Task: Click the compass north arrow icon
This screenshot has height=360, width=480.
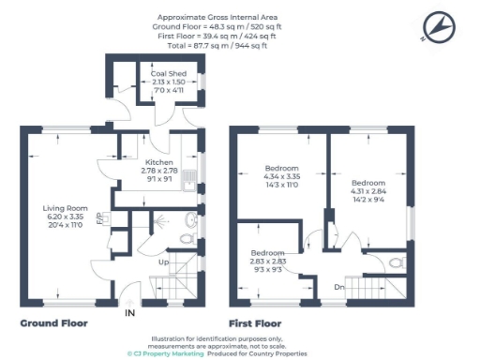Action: [x=437, y=27]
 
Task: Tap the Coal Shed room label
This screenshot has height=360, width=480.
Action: [x=170, y=73]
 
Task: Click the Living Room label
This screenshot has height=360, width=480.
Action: [x=65, y=208]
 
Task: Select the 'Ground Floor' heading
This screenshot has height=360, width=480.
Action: [x=54, y=322]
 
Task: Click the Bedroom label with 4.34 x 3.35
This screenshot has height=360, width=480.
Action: [x=282, y=169]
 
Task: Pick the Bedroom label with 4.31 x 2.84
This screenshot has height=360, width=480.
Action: [x=368, y=182]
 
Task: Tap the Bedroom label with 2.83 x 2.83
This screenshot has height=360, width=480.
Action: [x=267, y=254]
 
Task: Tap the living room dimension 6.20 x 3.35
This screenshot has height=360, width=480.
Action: [x=65, y=217]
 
